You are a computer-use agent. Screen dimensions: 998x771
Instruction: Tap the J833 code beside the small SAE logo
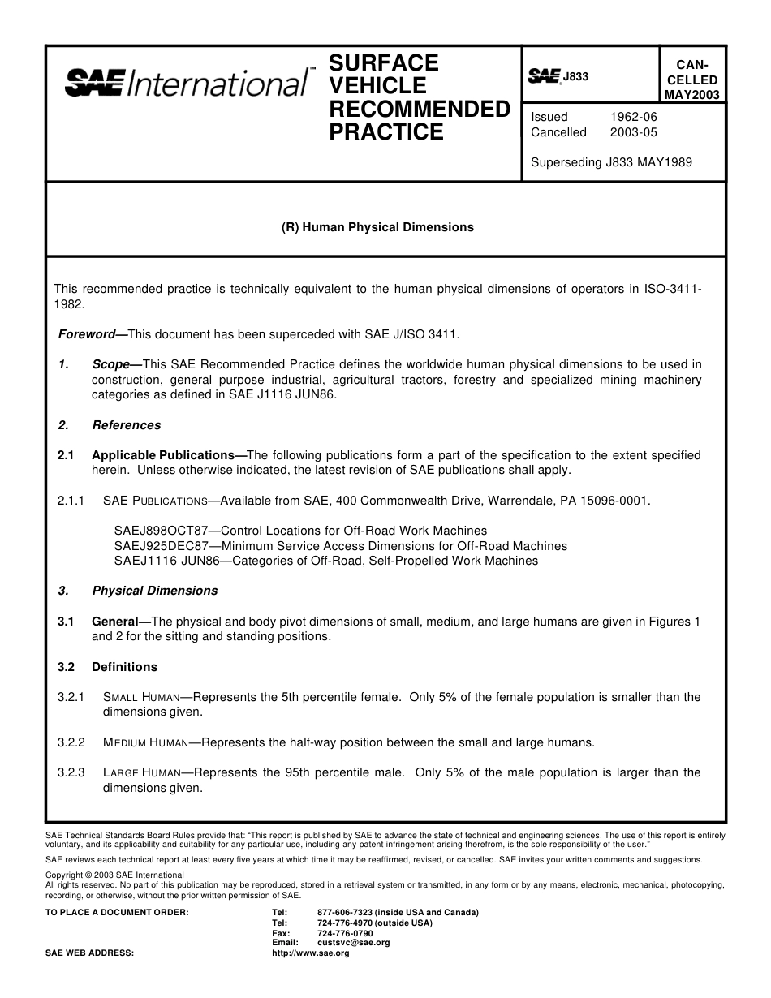[x=575, y=77]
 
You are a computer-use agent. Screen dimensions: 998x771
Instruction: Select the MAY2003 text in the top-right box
[x=691, y=95]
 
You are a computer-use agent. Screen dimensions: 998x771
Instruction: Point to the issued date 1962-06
[x=634, y=117]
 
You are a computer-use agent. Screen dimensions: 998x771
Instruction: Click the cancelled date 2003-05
[x=634, y=132]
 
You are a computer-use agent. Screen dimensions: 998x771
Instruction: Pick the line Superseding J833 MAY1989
[x=611, y=161]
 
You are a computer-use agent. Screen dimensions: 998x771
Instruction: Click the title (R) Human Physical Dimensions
[x=377, y=227]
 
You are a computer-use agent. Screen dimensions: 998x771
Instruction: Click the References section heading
[x=127, y=425]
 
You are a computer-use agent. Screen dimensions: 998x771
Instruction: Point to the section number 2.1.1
[x=71, y=501]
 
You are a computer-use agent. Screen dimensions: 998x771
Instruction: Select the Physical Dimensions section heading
[x=155, y=591]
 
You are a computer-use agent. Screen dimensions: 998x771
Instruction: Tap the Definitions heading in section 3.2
[x=124, y=667]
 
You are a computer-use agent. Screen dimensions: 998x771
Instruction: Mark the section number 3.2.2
[x=71, y=742]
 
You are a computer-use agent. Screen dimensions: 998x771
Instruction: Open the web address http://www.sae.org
[x=311, y=953]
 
